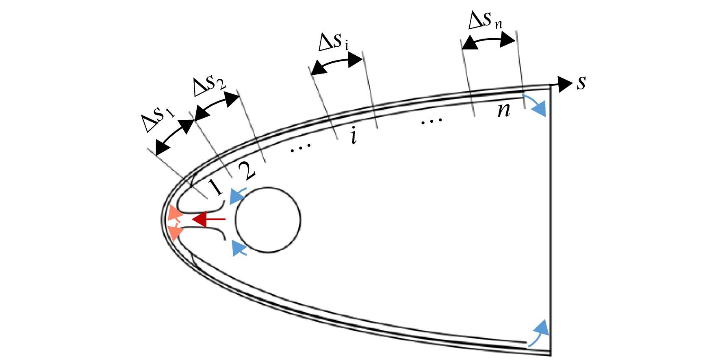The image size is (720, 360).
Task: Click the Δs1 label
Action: click(x=158, y=118)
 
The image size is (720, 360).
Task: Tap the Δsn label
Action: click(x=485, y=20)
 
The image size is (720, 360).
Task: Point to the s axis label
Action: click(x=581, y=83)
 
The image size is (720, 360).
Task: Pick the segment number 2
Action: click(x=247, y=171)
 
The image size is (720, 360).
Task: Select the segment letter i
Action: click(x=354, y=135)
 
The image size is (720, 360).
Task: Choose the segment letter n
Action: click(x=504, y=110)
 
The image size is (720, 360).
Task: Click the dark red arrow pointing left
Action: click(x=208, y=219)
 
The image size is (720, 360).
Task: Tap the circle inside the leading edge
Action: click(x=268, y=220)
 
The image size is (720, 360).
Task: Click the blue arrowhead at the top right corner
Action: click(x=540, y=109)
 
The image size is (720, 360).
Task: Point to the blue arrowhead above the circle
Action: click(x=236, y=197)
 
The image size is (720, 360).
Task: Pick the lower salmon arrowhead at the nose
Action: click(x=175, y=232)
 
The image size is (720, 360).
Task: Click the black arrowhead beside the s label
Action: click(x=565, y=84)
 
